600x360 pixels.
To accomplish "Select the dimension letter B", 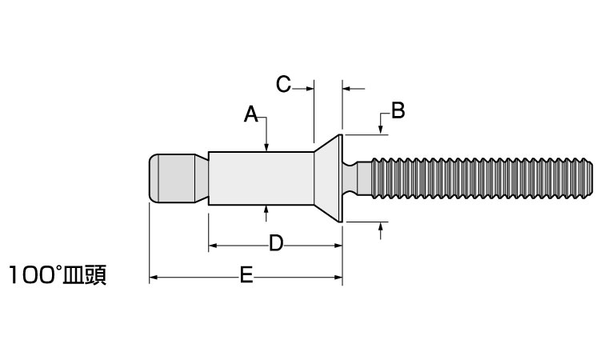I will coord(398,110).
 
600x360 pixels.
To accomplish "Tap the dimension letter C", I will coord(284,84).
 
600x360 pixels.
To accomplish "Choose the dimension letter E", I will coord(246,277).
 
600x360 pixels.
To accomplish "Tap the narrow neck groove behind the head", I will coord(350,178).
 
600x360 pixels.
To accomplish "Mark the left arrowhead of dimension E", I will coord(154,278).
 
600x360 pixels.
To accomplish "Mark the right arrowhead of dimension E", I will coord(338,278).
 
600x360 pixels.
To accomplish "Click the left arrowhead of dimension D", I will coord(213,245).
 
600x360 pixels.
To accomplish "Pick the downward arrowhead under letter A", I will coord(266,146).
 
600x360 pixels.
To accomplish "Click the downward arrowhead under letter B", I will coord(380,130).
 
